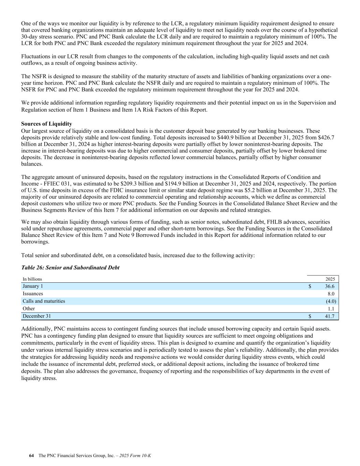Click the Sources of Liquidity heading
(46, 124)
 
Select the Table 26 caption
(70, 268)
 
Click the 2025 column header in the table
(330, 279)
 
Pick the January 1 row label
(33, 286)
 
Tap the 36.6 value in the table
(330, 286)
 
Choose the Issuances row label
(33, 294)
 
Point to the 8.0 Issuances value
(331, 294)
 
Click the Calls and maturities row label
(44, 301)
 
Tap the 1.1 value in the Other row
(331, 309)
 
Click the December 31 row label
(37, 316)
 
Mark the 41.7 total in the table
(330, 316)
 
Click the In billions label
(32, 279)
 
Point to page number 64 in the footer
(32, 455)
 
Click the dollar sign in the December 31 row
(310, 316)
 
